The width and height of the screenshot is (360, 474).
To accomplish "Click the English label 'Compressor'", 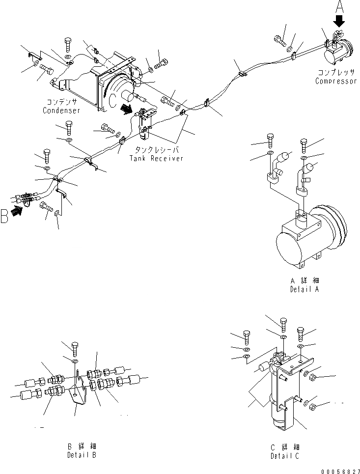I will (x=336, y=81).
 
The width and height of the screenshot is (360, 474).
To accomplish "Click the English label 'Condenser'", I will (x=61, y=111).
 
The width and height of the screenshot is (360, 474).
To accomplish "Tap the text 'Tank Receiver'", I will (x=156, y=158).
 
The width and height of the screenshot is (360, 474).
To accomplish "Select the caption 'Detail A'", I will (x=304, y=289).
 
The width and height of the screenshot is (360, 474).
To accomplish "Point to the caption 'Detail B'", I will (x=82, y=455).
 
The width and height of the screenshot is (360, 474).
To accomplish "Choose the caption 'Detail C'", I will (x=285, y=456).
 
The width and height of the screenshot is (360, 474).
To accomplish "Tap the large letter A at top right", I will (x=339, y=7).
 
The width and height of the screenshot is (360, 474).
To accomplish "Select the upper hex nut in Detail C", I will (x=314, y=378).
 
